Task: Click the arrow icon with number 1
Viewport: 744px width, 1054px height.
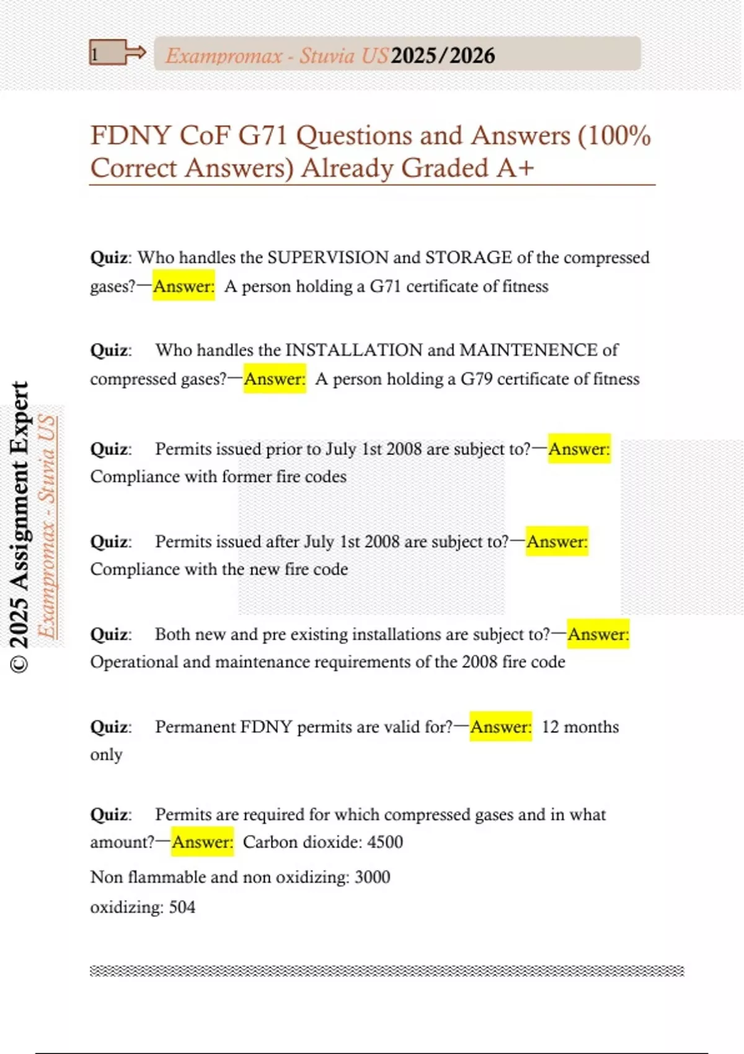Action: coord(117,53)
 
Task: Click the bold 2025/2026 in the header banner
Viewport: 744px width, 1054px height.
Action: coord(443,56)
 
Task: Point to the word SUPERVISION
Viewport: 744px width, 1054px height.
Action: coord(327,257)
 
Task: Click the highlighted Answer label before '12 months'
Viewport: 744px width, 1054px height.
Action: coord(500,727)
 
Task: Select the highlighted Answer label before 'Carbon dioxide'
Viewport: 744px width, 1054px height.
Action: coord(203,842)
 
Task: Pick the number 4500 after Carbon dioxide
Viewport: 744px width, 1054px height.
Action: coord(385,842)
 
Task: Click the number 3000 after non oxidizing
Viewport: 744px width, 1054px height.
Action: coord(372,877)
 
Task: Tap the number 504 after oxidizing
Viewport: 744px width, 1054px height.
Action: coord(182,908)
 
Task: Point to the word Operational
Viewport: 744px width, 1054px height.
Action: coord(134,662)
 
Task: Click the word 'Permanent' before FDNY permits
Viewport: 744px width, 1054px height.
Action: coord(195,727)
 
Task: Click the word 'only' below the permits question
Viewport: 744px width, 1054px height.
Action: coord(106,755)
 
